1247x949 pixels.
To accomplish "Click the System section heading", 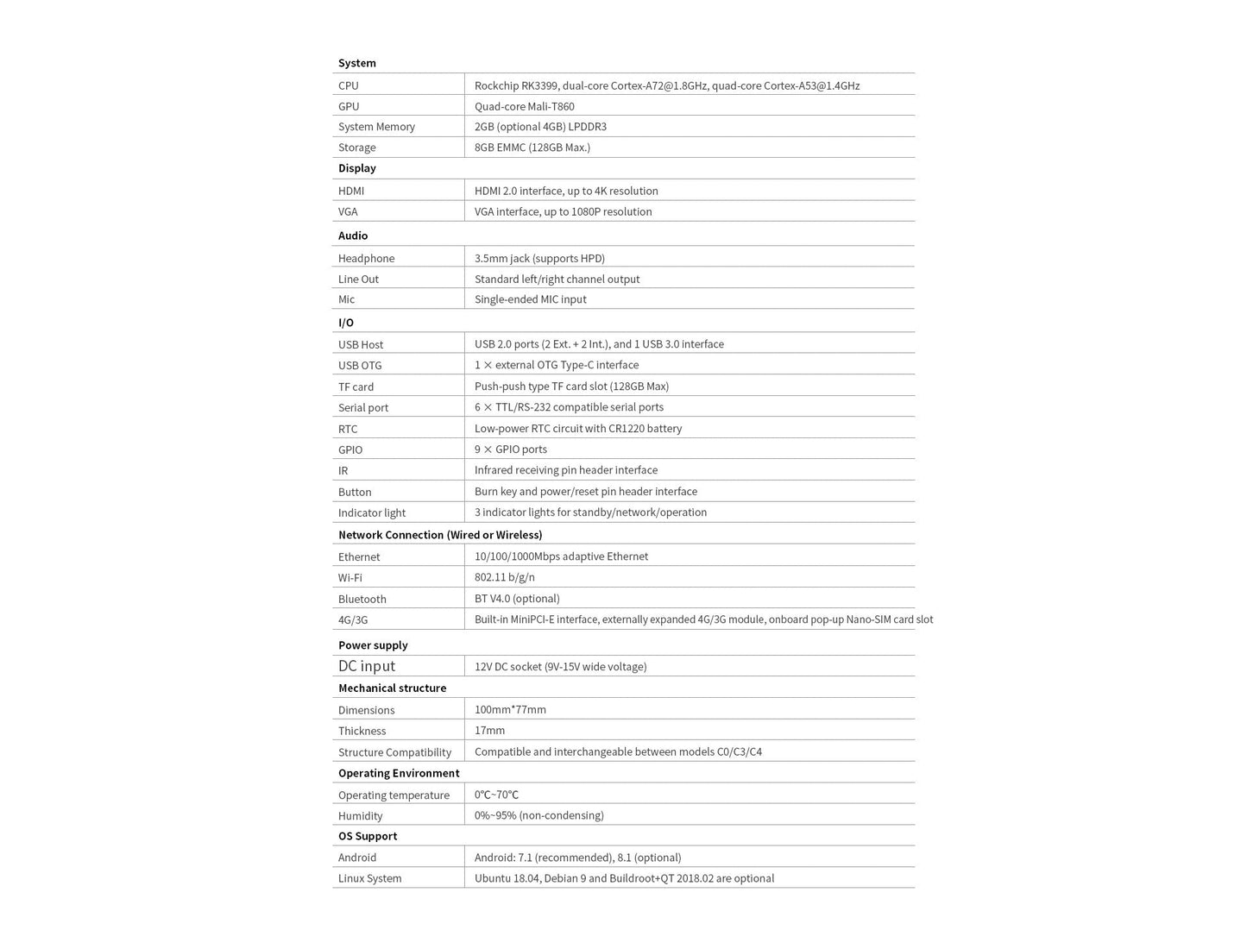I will coord(356,63).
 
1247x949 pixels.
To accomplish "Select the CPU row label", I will coord(349,85).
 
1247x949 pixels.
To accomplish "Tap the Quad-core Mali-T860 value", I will coord(524,106).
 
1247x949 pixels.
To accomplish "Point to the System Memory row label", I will coord(376,127).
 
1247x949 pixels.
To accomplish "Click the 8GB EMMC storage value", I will coord(532,148).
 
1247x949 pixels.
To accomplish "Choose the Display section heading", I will coord(356,168).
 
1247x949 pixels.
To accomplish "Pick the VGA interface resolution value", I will coord(563,211).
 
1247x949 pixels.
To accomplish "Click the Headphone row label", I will coord(366,258).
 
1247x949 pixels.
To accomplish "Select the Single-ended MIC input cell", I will coord(530,299).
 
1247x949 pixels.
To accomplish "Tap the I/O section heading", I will coord(346,323).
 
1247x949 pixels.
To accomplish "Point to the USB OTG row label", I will coord(360,365).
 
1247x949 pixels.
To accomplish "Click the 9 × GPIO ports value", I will coord(510,449).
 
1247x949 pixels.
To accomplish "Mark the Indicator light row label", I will coord(371,512).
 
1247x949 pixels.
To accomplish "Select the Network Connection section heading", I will coord(440,535).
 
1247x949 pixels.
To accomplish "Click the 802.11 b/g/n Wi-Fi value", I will coord(504,577).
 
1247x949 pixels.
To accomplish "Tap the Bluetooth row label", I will coord(362,599).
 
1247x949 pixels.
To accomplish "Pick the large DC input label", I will coord(367,666).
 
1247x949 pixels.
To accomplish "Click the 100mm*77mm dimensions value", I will coord(510,710).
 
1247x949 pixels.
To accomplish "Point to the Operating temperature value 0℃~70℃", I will coord(496,795).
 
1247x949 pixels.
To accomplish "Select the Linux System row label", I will coord(369,878).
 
